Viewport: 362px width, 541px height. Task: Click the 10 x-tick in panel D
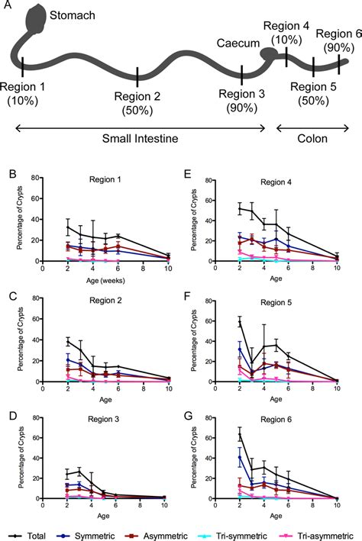tap(169, 505)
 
